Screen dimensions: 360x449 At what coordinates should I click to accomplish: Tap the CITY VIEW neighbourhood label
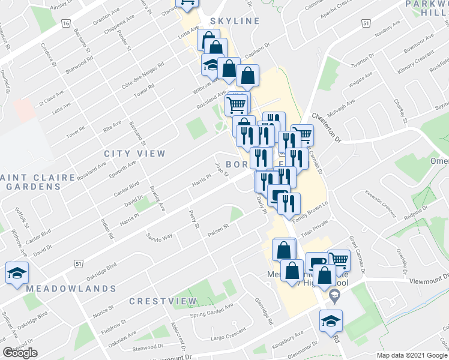134,154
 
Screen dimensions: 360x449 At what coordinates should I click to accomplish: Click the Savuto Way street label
159,235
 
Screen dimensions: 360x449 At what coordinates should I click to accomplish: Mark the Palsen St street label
218,230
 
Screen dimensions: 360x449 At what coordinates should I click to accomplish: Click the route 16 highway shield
65,23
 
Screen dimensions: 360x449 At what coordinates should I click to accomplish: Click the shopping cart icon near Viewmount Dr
339,260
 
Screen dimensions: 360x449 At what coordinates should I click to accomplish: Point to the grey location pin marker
335,294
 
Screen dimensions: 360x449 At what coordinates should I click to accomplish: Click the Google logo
20,353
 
